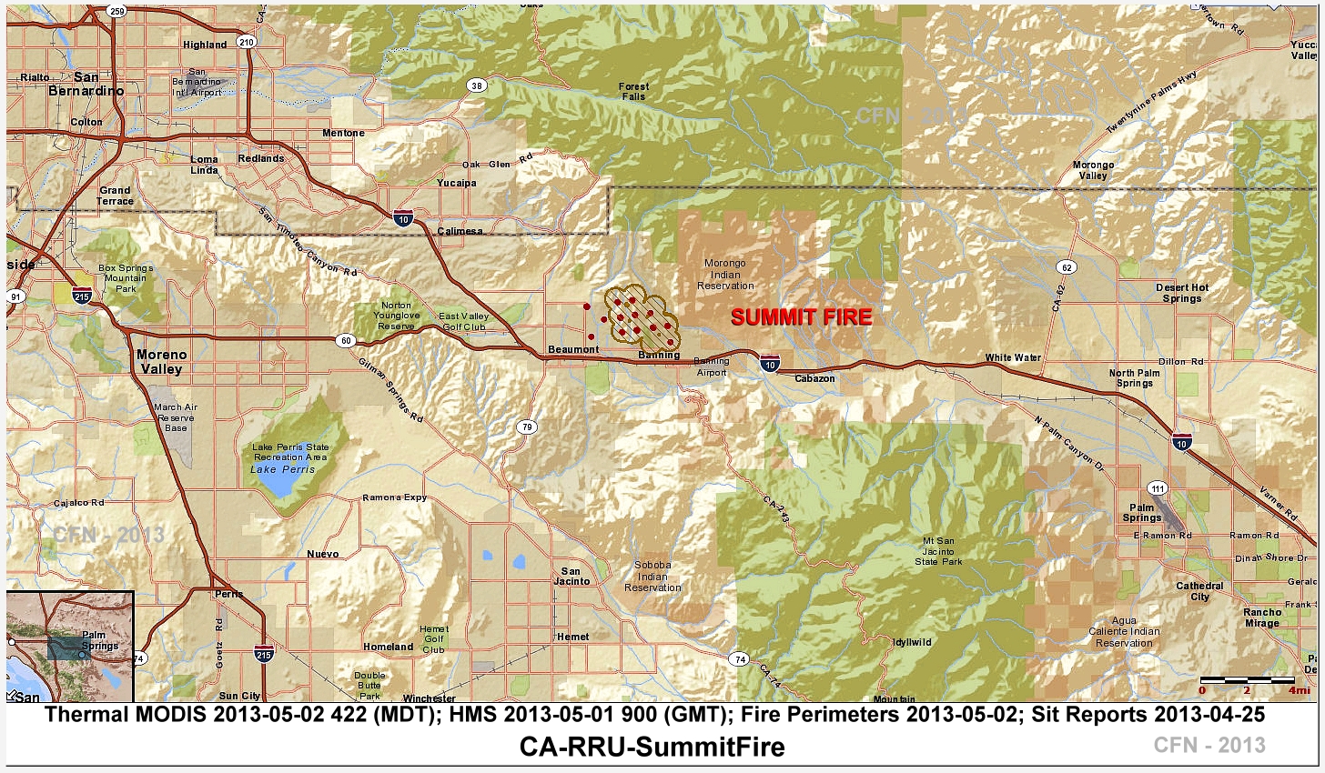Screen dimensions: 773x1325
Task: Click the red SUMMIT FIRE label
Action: pos(801,317)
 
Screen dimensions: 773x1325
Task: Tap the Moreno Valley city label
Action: pos(161,362)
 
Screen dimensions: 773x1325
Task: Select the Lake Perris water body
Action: pos(283,481)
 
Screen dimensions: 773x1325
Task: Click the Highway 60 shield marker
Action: pos(346,340)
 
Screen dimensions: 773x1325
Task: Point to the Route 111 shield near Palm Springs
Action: pos(1157,487)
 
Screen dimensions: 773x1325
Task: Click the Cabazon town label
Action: pos(814,378)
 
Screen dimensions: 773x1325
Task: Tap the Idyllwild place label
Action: pos(912,642)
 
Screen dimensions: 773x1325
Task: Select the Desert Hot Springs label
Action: pos(1182,293)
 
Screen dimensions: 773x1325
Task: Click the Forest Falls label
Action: pos(633,91)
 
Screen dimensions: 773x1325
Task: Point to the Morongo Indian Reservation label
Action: pos(725,275)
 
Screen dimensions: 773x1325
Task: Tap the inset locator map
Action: pos(70,646)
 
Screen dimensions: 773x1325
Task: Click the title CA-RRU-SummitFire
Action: pos(652,748)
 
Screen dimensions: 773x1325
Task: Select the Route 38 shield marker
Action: pos(476,85)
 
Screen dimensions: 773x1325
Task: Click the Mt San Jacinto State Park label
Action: pos(938,551)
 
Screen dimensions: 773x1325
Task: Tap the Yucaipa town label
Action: pos(456,183)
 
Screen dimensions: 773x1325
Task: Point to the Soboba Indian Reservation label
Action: pos(652,576)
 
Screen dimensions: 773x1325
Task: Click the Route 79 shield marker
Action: pos(527,427)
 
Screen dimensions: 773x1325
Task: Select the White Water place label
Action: pos(1013,357)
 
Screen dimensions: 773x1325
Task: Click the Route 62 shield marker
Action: pos(1067,267)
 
